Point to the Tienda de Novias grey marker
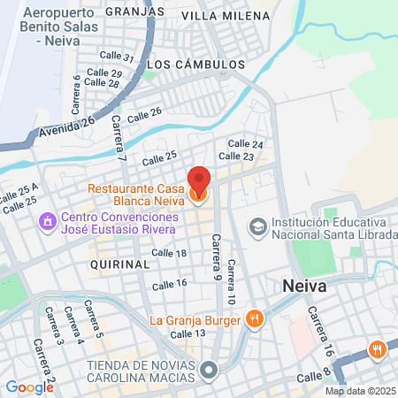pyautogui.click(x=209, y=371)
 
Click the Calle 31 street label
pyautogui.click(x=117, y=57)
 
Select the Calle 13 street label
pyautogui.click(x=188, y=333)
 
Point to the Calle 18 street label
pyautogui.click(x=169, y=253)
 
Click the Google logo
pyautogui.click(x=29, y=387)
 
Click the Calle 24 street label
pyautogui.click(x=245, y=144)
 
